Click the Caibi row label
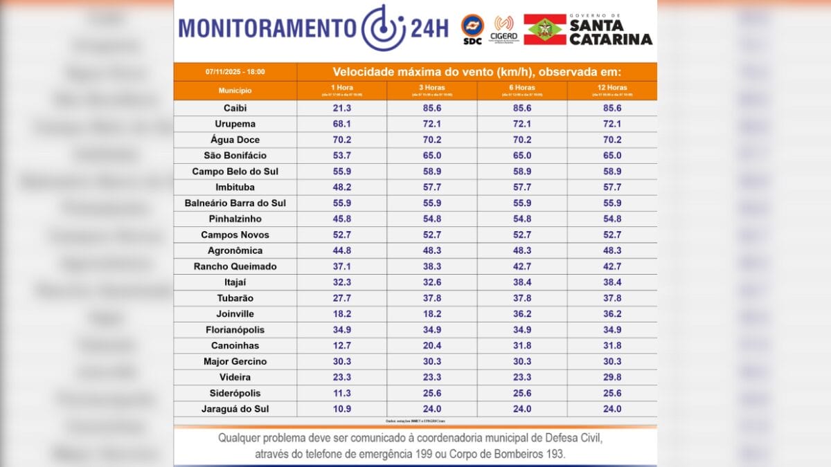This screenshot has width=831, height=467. coord(235,109)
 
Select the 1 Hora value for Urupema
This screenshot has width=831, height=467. coord(341,125)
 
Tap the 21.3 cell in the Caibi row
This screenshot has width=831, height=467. coord(341,109)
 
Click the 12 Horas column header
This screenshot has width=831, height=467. coord(612,88)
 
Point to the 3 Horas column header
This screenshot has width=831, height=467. coord(432,88)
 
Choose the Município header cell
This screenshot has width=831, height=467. coord(235,91)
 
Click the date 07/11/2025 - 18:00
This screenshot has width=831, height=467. coord(235,72)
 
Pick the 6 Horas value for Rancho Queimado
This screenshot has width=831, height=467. coord(522,266)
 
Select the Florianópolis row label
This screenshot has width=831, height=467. coord(235,330)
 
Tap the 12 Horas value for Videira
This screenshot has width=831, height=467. coord(612,378)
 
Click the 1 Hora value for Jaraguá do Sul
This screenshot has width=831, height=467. coord(341,409)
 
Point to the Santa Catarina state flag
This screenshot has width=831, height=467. coord(544,30)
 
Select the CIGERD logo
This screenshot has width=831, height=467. coord(503,28)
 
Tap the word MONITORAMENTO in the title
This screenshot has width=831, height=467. coord(267,28)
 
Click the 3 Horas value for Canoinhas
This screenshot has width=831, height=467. coord(432,346)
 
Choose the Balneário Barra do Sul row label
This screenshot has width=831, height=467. coord(235,203)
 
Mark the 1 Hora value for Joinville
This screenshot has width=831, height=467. coord(341,314)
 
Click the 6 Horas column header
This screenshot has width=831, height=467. coord(522,88)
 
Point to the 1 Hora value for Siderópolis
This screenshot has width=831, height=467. coord(341,394)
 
